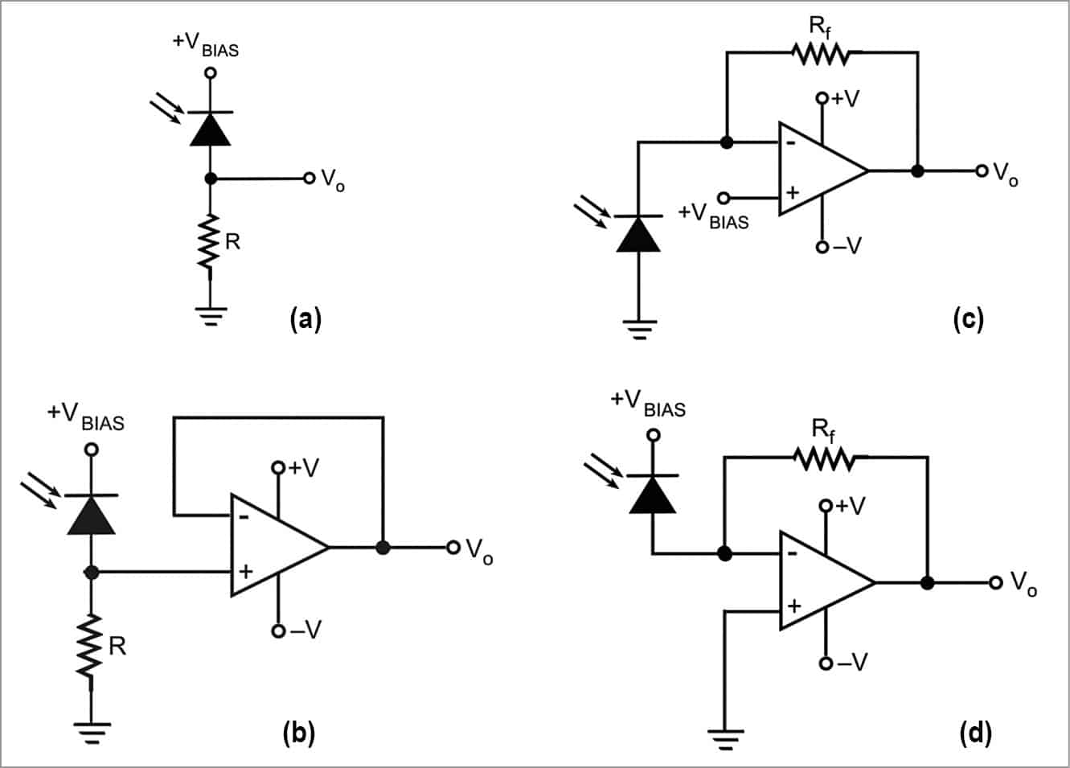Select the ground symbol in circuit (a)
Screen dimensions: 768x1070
pyautogui.click(x=211, y=315)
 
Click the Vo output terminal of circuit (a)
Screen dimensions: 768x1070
pyautogui.click(x=309, y=178)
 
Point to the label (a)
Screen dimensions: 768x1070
pyautogui.click(x=305, y=319)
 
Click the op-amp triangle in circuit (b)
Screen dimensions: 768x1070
pyautogui.click(x=273, y=546)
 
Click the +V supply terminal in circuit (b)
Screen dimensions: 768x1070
pyautogui.click(x=278, y=467)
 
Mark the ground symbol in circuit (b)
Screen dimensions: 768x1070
pyautogui.click(x=91, y=732)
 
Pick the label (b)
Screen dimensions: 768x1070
pyautogui.click(x=299, y=733)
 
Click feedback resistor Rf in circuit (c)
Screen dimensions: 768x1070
pyautogui.click(x=819, y=54)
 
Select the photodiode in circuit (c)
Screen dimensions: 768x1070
pyautogui.click(x=638, y=233)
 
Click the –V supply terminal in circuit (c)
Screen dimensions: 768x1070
pyautogui.click(x=822, y=247)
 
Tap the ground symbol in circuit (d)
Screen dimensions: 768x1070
pyautogui.click(x=725, y=735)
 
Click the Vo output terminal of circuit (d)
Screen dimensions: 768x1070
pyautogui.click(x=996, y=582)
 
